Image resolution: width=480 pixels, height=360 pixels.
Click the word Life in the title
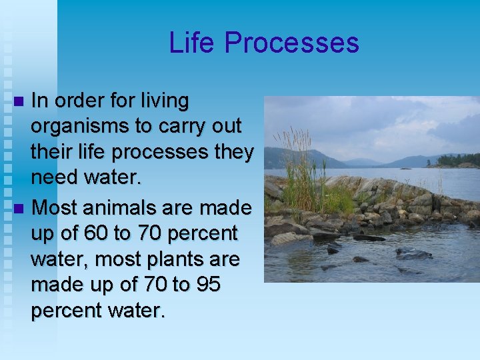pyautogui.click(x=193, y=43)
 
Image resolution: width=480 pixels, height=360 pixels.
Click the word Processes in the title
pyautogui.click(x=292, y=43)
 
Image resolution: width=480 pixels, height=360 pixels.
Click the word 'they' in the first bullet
pyautogui.click(x=233, y=152)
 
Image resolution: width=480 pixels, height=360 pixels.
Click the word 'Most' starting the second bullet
pyautogui.click(x=53, y=208)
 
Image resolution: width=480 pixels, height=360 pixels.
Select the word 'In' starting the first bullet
pyautogui.click(x=39, y=101)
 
